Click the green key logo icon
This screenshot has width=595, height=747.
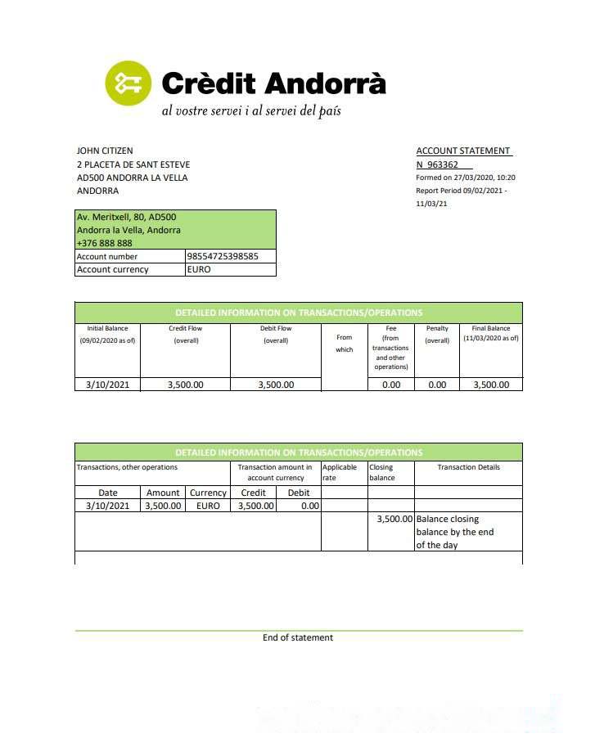[x=128, y=83]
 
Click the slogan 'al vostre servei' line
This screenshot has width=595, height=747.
[x=250, y=110]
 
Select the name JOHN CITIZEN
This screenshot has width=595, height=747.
[x=105, y=151]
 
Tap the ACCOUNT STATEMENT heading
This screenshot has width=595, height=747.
[x=463, y=151]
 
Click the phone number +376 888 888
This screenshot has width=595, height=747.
[x=104, y=243]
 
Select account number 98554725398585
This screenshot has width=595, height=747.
[x=223, y=256]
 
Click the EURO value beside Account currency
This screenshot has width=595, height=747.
[x=199, y=269]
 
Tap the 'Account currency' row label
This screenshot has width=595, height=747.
[x=113, y=269]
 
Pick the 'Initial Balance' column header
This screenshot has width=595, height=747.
[x=107, y=329]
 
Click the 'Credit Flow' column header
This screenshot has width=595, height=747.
[x=185, y=329]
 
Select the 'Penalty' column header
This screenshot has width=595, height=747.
[x=437, y=329]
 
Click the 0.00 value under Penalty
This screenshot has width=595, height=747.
[x=437, y=385]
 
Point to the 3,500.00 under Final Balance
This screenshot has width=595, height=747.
[x=490, y=385]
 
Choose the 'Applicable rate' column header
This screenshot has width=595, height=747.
[x=339, y=472]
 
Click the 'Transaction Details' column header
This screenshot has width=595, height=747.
[x=468, y=467]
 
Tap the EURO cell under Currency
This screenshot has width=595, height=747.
[x=208, y=506]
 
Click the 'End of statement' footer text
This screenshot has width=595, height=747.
[x=298, y=637]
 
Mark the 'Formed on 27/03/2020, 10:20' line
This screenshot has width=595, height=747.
[x=466, y=178]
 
